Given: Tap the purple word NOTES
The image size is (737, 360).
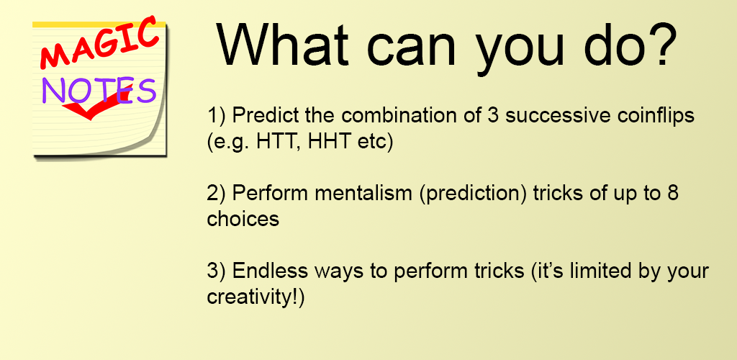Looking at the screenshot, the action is point(99,90).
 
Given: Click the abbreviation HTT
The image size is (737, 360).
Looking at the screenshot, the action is point(278,141).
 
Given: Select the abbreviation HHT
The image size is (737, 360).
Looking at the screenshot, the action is point(328,141).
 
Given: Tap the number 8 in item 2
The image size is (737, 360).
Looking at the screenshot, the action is point(673,194).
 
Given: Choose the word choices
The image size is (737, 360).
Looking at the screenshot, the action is point(243,219).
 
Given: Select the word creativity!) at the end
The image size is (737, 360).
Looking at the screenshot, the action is point(256,298).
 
